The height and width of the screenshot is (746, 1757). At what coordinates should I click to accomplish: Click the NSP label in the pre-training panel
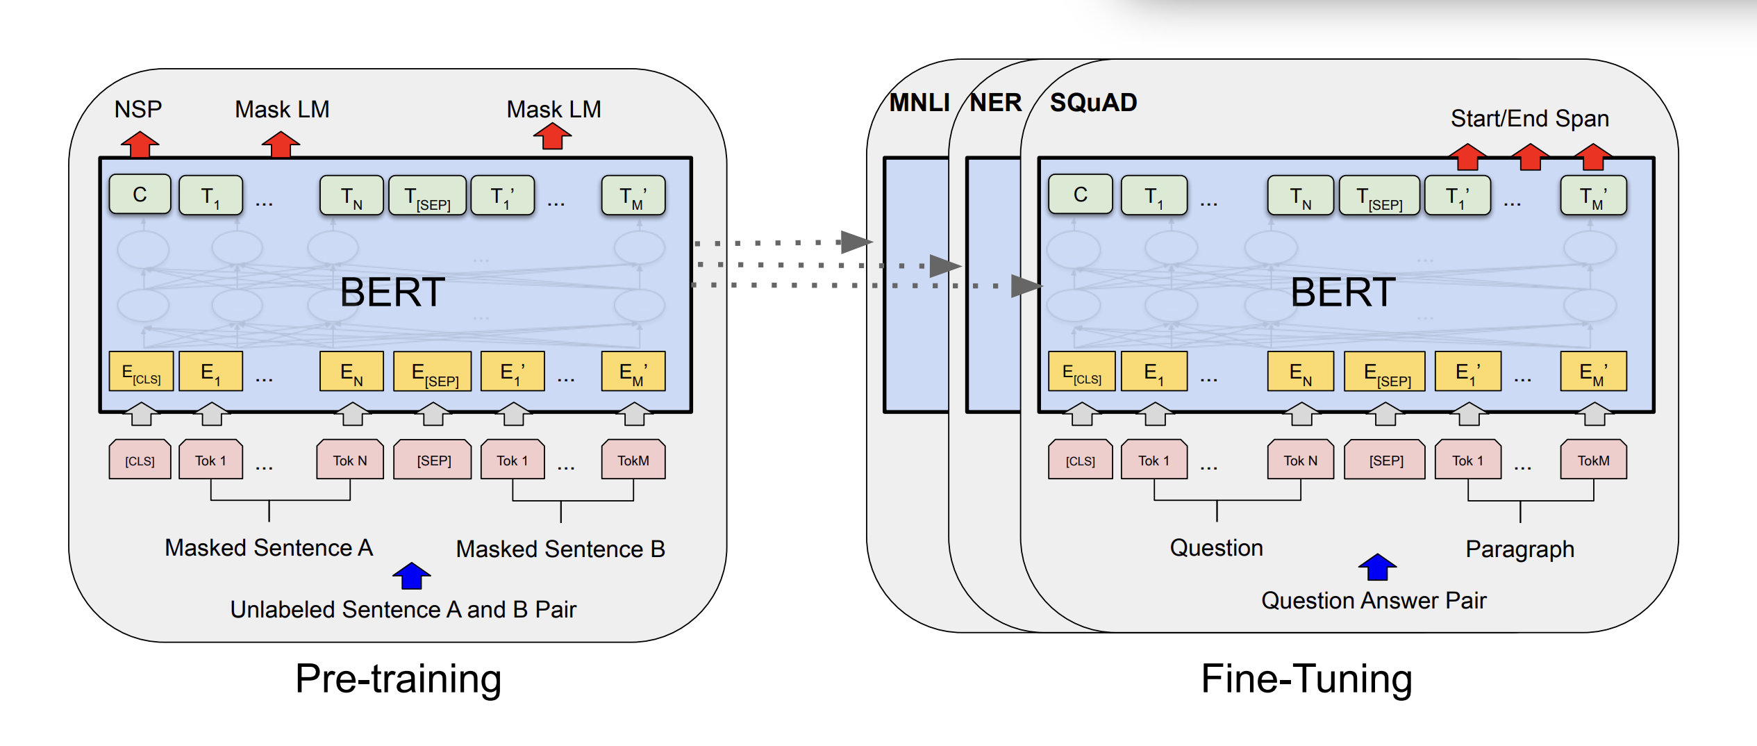coord(138,109)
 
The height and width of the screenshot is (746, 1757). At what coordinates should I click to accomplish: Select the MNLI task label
coord(919,103)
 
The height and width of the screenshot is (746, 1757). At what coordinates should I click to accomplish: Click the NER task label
coord(995,103)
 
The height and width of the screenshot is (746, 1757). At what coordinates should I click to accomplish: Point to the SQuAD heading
coord(1093,103)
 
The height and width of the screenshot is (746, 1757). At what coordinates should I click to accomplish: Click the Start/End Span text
coord(1529,118)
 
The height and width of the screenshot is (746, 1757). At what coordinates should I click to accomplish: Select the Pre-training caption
coord(398,679)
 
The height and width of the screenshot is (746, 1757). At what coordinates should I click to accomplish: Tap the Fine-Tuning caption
coord(1306,679)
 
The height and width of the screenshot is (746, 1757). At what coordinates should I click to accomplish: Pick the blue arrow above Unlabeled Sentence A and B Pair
coord(412,576)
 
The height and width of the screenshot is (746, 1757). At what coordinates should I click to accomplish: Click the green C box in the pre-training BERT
coord(140,194)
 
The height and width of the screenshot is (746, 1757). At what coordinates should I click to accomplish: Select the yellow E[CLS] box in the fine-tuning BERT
coord(1081,372)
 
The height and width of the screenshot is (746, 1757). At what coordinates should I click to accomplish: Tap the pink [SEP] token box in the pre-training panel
coord(433,460)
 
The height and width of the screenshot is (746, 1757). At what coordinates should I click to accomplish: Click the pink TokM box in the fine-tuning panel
coord(1593,460)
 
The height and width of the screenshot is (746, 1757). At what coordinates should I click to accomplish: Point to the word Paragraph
coord(1519,549)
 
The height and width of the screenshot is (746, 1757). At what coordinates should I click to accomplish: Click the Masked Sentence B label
coord(560,549)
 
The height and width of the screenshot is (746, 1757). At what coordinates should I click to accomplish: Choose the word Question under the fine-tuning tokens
coord(1216,547)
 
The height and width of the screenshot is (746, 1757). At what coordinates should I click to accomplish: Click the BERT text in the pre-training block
coord(392,292)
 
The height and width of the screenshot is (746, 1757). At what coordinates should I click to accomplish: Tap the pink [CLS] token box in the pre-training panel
coord(140,460)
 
